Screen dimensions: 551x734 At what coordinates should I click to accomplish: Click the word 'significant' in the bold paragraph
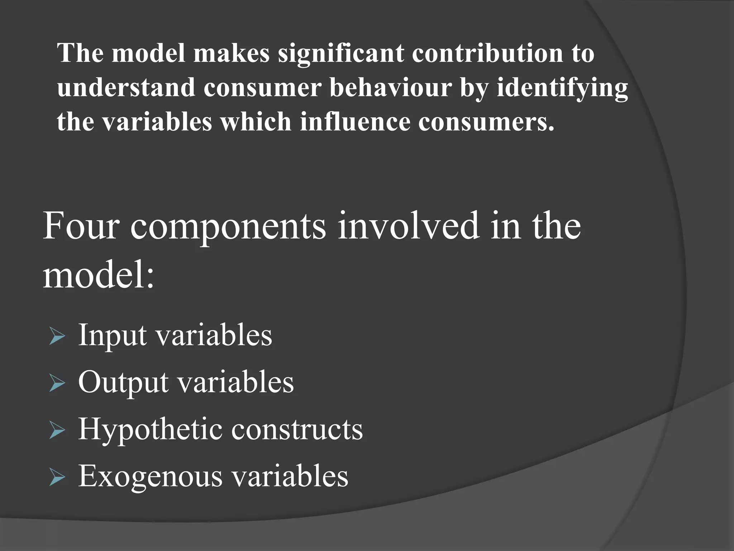[x=340, y=53]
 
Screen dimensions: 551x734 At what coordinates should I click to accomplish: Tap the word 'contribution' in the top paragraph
[x=487, y=53]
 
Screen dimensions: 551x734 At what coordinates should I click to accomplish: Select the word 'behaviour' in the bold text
[x=390, y=87]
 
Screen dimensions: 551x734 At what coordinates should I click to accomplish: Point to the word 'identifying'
[x=562, y=88]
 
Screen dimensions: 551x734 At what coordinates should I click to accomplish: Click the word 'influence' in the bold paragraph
[x=355, y=122]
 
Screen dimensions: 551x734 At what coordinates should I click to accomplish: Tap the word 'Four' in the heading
[x=81, y=226]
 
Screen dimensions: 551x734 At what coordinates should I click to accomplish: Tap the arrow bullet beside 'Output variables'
[x=57, y=384]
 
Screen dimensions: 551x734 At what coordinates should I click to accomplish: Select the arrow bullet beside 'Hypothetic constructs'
[x=57, y=431]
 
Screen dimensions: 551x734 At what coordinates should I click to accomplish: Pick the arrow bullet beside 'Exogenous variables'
[x=57, y=478]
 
